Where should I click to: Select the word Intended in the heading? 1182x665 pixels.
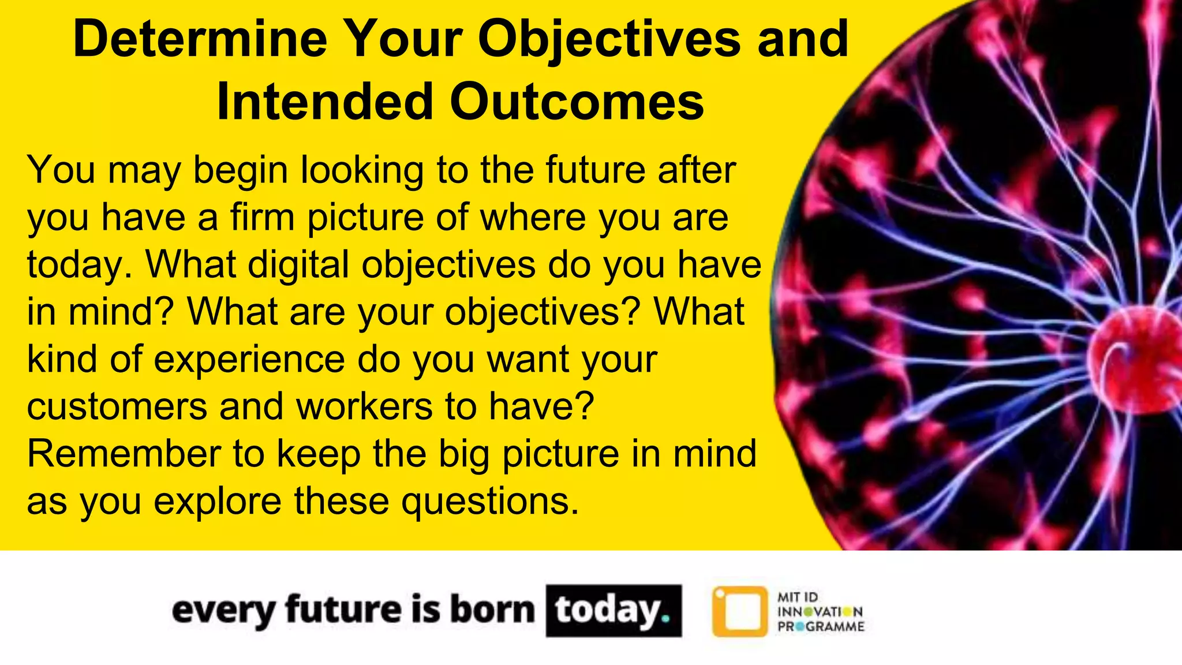coord(324,102)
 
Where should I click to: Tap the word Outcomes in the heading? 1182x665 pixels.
coord(577,102)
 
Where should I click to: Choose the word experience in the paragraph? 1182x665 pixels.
coord(249,360)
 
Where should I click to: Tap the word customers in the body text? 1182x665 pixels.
coord(117,406)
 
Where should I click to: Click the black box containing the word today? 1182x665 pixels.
coord(614,611)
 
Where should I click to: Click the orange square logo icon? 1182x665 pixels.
coord(740,611)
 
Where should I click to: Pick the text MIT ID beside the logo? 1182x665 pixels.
coord(798,597)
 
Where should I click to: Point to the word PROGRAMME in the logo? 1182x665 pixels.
coord(821,627)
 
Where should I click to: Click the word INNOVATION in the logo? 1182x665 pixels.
coord(820,612)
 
